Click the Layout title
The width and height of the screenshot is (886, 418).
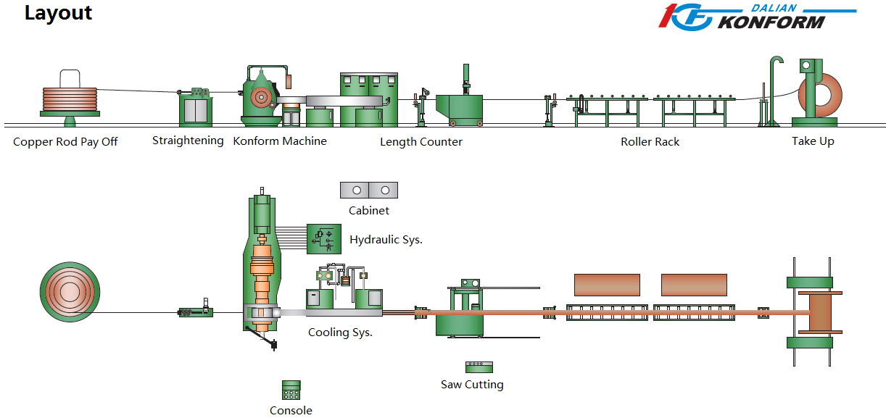[58, 13]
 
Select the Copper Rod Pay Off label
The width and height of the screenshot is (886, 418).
[65, 142]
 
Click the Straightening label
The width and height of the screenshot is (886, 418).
[188, 141]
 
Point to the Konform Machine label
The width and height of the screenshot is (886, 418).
[280, 141]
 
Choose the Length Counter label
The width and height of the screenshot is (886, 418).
[421, 142]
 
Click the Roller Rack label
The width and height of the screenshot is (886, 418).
[650, 142]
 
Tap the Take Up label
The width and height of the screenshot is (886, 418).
[813, 141]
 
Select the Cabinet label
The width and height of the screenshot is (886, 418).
[369, 211]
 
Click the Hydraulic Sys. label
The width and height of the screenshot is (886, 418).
[386, 240]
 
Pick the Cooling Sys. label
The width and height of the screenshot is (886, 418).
[340, 333]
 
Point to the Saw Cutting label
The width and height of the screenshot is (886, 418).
[472, 385]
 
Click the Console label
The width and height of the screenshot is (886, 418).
[291, 411]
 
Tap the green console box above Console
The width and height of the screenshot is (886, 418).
[291, 390]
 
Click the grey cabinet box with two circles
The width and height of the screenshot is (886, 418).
[369, 190]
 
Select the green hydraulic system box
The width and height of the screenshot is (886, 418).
[324, 238]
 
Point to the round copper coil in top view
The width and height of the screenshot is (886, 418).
[70, 292]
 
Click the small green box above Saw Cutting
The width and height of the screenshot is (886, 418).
[479, 367]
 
